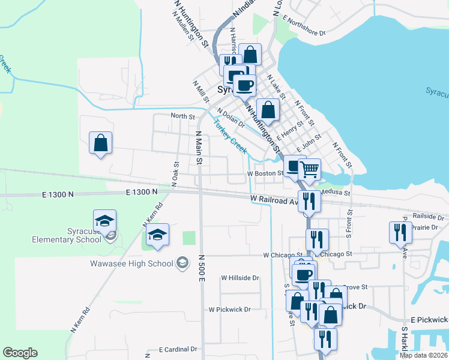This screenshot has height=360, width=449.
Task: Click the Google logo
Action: pos(20,353)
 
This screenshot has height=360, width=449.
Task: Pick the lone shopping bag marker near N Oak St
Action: pos(100,143)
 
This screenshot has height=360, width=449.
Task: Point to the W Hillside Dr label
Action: pos(240,278)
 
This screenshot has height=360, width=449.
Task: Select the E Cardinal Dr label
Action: pos(178,349)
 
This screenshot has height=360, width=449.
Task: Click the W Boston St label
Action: pos(265,173)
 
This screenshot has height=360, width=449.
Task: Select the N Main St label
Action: pos(198,147)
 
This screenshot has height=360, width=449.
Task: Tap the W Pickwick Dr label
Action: pos(229,310)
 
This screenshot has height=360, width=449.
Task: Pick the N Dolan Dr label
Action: pos(231,118)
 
